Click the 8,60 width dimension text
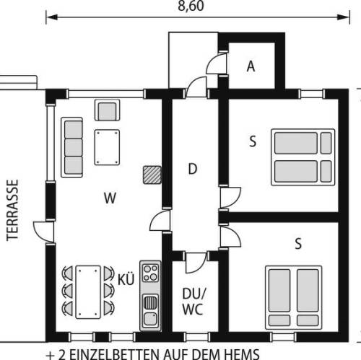(191, 6)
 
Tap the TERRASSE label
(12, 210)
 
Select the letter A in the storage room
(251, 66)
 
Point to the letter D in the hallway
(193, 169)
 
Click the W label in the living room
(110, 198)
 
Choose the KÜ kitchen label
(126, 279)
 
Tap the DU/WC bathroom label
(193, 301)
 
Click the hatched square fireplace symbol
(152, 175)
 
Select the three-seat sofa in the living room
(72, 147)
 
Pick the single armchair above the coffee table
(108, 110)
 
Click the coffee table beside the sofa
(107, 147)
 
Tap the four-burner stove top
(150, 273)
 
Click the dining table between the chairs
(88, 292)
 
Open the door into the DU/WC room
(196, 263)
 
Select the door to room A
(217, 63)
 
